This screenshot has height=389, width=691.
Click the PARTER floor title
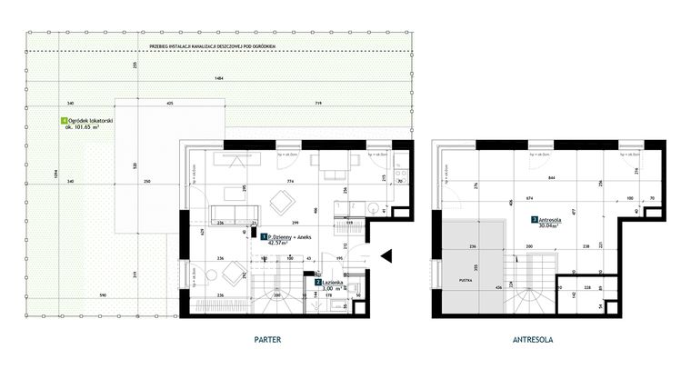point(267,339)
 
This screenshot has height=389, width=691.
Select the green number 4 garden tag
point(63,120)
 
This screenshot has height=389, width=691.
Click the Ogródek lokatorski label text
point(89,120)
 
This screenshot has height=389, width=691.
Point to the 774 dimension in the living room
point(291,183)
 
